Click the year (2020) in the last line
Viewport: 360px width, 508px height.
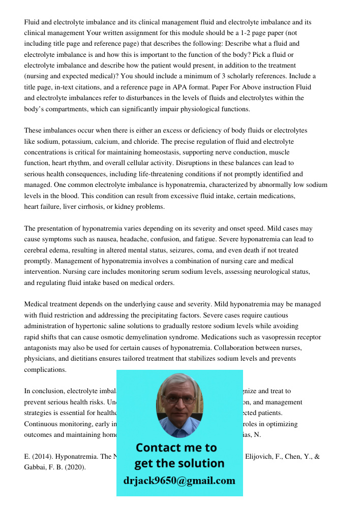coord(72,467)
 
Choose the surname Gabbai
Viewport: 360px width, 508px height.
coord(37,467)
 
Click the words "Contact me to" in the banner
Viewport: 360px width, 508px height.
coord(176,448)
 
